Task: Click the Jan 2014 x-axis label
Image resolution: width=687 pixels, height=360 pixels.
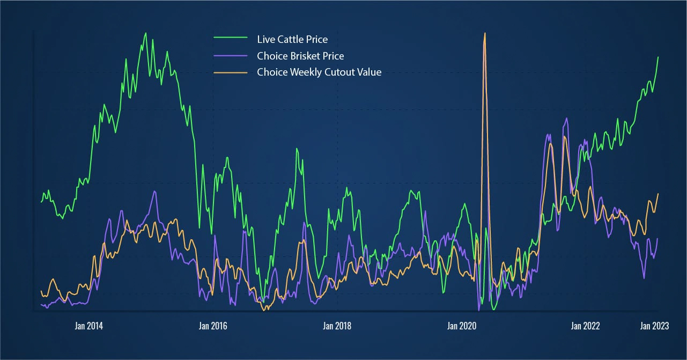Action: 89,326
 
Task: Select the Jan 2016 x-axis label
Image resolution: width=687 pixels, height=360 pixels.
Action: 213,326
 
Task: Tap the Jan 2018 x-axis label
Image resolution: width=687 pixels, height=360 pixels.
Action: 337,326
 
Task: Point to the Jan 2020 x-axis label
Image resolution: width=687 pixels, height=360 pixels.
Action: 461,326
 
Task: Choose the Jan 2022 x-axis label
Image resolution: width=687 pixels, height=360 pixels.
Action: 585,326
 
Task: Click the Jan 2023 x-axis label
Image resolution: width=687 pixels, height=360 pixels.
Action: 655,326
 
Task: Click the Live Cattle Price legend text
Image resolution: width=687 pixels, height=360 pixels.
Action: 292,39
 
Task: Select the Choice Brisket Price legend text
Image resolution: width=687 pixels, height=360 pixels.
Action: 300,56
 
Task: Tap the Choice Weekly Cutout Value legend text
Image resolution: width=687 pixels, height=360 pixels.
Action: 319,72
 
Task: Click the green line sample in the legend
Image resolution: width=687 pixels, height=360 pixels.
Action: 231,39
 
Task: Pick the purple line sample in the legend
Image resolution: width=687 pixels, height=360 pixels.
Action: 231,55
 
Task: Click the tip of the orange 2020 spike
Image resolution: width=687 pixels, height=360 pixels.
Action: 485,33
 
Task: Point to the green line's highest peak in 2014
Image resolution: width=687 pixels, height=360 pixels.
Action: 145,33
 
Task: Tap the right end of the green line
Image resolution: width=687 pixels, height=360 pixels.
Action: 658,57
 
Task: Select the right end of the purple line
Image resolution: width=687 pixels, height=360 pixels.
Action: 658,239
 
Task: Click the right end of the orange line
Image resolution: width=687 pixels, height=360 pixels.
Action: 658,194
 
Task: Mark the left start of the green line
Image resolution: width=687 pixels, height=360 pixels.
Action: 41,202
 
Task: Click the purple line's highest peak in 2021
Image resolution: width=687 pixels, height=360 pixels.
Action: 566,118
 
